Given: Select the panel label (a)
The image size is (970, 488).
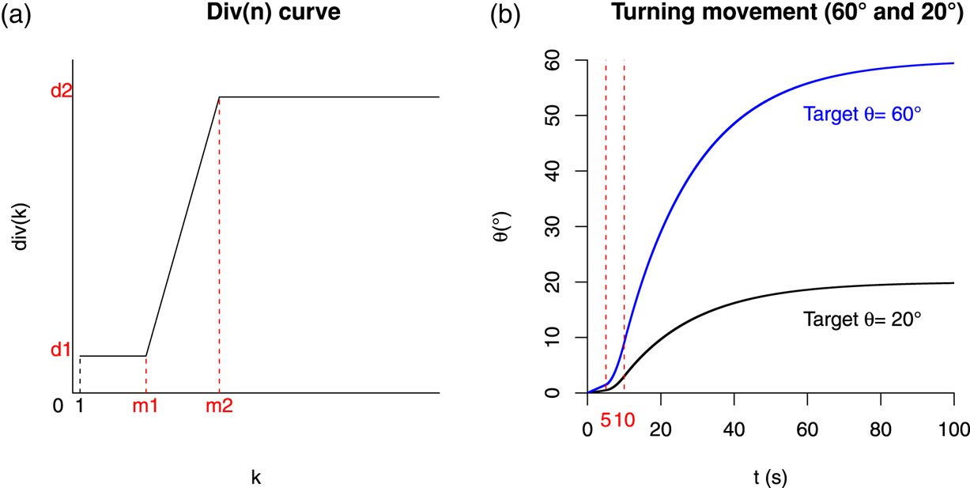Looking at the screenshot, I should pos(17,14).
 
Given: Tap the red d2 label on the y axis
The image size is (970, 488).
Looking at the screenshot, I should pos(61,91).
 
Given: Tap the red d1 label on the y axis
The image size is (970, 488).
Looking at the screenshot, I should pos(61,350).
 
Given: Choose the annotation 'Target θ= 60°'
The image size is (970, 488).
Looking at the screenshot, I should pos(862,115).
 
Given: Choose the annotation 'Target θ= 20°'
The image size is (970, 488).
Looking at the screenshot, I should pos(862,320).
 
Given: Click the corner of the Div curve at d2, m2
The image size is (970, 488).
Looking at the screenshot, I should pos(219,97).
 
